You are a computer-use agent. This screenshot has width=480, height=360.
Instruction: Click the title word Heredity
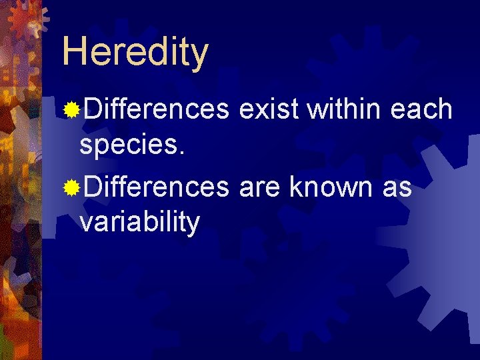tap(135, 52)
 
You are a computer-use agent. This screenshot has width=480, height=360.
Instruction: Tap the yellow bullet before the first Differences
tap(71, 109)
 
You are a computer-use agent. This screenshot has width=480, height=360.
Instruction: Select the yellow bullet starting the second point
tap(71, 189)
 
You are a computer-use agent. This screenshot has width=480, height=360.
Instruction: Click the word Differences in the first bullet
tap(155, 109)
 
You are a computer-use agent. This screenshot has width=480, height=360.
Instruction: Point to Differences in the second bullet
tap(155, 189)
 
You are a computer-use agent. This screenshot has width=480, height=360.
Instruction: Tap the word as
tap(397, 189)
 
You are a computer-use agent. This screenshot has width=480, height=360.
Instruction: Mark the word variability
tap(139, 222)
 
